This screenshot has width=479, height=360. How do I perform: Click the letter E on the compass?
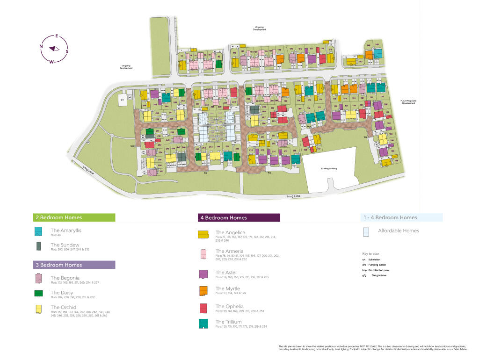(57, 36)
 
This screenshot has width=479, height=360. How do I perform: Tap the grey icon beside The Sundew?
(38, 246)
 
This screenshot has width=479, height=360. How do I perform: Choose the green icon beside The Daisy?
(38, 294)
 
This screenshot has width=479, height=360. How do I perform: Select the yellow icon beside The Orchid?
(38, 309)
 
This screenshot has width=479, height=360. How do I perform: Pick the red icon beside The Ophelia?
(203, 308)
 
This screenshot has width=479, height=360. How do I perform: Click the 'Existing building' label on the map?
(329, 168)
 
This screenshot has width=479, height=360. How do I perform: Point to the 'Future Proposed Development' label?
(408, 102)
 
